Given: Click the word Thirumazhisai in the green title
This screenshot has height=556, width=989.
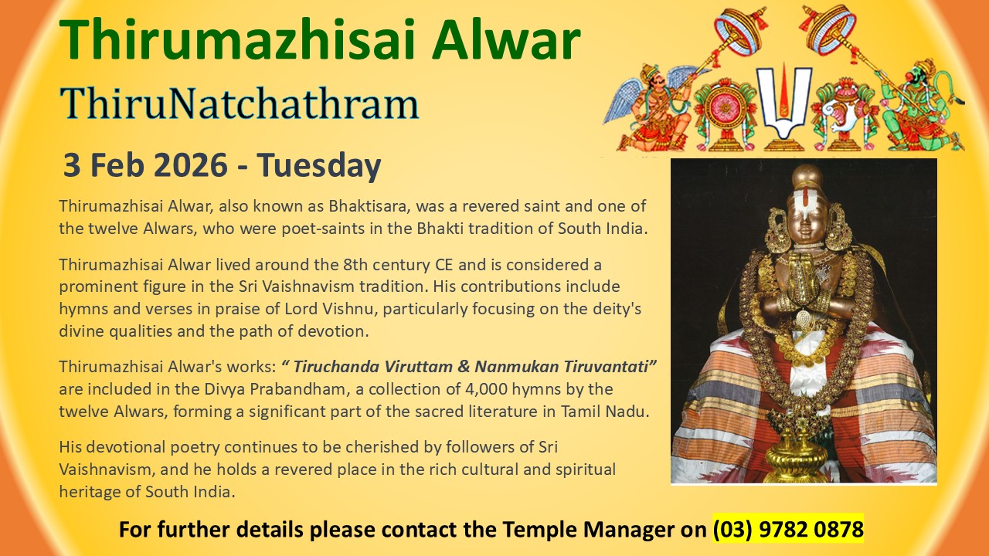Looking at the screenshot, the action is pos(237,39).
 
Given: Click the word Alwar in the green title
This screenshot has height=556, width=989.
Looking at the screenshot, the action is pos(506,39).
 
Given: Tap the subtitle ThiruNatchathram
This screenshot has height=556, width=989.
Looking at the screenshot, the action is pos(239,103).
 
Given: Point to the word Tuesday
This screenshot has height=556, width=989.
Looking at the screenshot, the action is pos(319,166).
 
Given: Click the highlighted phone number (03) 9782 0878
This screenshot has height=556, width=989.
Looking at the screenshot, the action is pos(788,529).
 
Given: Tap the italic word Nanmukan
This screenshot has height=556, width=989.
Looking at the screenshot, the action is pos(517,367).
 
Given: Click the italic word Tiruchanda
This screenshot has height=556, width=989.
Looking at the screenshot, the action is pos(336,367).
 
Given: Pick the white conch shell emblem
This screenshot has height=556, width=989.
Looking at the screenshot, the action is pos(843,117).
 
